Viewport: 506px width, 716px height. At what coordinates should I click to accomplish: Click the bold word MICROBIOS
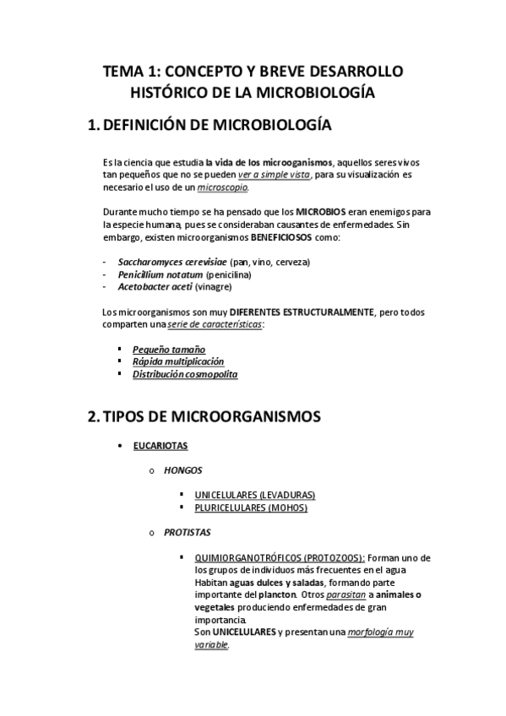[320, 212]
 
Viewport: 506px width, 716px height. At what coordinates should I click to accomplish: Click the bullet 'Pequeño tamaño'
[168, 350]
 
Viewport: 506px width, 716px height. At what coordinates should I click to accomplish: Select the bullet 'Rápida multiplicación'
[177, 361]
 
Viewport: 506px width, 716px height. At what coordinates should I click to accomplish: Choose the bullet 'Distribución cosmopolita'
[185, 374]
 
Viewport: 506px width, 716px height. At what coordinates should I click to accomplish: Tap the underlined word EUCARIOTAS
[161, 445]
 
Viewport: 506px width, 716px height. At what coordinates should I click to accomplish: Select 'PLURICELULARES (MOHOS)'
[251, 507]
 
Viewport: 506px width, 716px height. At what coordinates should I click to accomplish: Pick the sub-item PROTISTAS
[188, 533]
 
